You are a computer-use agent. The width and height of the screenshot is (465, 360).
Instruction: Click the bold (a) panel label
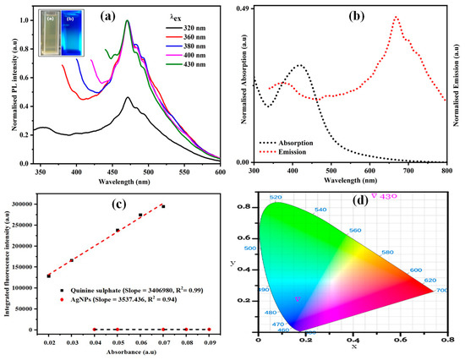pos(109,15)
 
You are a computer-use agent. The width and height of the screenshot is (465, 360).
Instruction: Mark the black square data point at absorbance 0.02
pos(48,275)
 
